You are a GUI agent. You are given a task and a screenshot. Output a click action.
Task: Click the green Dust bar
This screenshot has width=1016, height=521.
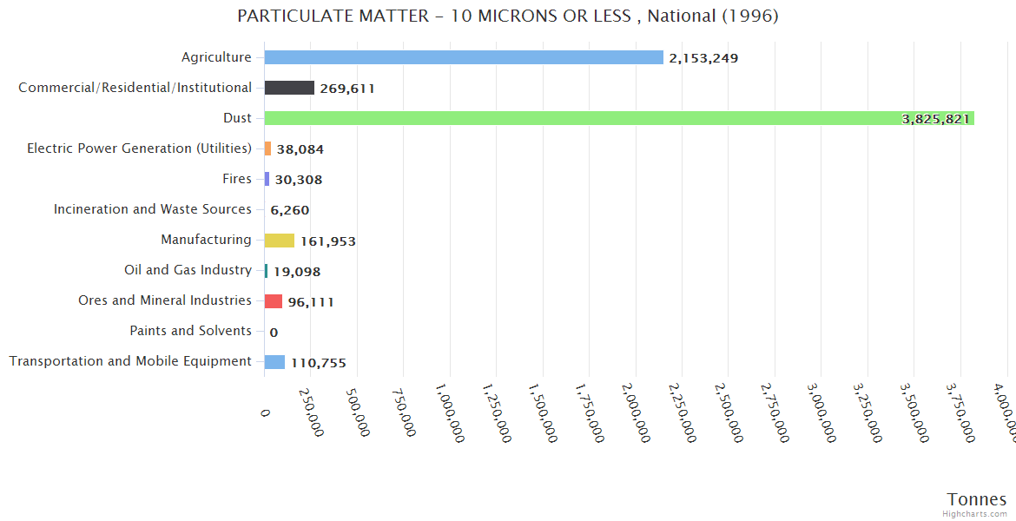point(608,118)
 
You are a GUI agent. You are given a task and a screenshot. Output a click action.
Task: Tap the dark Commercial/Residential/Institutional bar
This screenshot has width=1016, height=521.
point(289,88)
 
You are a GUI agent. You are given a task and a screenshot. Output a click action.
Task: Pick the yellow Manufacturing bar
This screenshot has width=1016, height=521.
point(280,241)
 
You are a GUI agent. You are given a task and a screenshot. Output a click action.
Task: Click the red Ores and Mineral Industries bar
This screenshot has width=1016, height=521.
point(274,301)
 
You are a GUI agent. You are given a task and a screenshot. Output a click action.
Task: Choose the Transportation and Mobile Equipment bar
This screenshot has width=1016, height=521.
point(274,362)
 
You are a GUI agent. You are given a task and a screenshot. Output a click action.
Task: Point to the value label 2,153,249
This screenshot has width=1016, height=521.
point(703,58)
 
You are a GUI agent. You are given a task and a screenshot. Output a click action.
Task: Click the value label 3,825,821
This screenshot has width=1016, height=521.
point(935,119)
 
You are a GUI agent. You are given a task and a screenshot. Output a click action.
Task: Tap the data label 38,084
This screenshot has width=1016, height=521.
point(300,149)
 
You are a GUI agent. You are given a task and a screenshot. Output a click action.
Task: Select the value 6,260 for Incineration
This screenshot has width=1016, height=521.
point(289,210)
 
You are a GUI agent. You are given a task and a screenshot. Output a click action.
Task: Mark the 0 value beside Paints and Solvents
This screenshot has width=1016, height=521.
point(274,332)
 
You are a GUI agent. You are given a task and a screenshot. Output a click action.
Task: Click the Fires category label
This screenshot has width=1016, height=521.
point(237,179)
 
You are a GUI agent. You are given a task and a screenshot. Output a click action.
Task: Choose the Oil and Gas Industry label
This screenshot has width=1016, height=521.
point(188,270)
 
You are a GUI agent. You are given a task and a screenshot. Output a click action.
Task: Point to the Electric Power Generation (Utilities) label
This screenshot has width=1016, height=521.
point(139,148)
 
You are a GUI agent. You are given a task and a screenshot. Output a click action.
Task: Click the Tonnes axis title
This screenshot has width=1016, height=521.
point(976,499)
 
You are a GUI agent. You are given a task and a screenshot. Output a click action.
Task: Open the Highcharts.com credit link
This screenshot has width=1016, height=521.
point(975,514)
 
